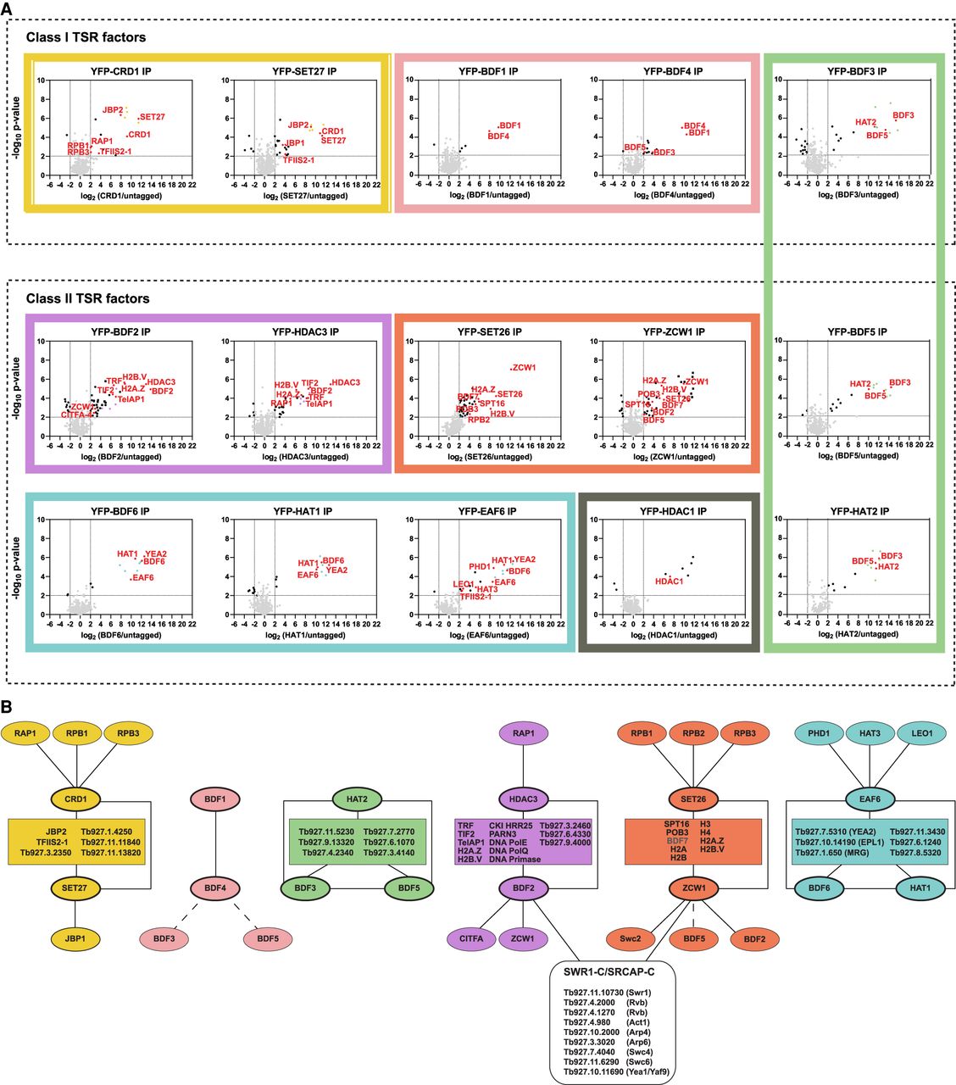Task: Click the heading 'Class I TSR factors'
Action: [86, 37]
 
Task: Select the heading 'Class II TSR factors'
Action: [87, 298]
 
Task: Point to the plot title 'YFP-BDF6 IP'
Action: [120, 512]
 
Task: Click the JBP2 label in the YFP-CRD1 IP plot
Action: [113, 110]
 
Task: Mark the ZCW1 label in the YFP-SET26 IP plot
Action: [524, 368]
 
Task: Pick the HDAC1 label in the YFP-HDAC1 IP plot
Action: [669, 581]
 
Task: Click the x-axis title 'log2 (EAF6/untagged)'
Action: [489, 635]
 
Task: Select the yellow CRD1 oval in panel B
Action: [75, 798]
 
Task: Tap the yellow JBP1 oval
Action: [75, 938]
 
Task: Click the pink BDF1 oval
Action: [215, 798]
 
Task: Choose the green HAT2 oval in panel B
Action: [357, 798]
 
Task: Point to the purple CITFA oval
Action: [471, 938]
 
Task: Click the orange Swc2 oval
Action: [630, 938]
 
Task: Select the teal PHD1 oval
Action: [819, 733]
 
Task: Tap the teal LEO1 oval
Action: [922, 733]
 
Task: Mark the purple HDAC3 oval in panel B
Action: [523, 798]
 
